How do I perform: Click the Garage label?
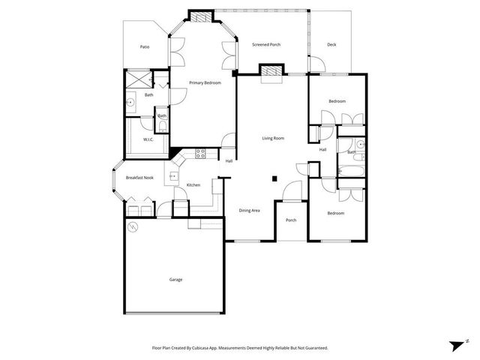[x=175, y=280]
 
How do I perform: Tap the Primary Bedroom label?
[x=205, y=82]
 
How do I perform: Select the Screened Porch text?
[x=265, y=45]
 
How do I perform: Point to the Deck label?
[x=331, y=45]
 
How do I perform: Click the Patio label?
[x=144, y=47]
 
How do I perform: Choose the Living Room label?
[x=273, y=139]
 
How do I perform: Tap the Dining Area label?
[x=250, y=211]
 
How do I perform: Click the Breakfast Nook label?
[x=139, y=178]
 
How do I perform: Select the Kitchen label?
[x=193, y=185]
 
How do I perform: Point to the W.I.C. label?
[x=148, y=139]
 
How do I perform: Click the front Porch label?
[x=291, y=220]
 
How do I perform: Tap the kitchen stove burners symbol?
[x=200, y=154]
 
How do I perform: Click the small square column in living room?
[x=275, y=178]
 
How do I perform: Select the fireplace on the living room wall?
[x=271, y=71]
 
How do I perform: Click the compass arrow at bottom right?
[x=457, y=345]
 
